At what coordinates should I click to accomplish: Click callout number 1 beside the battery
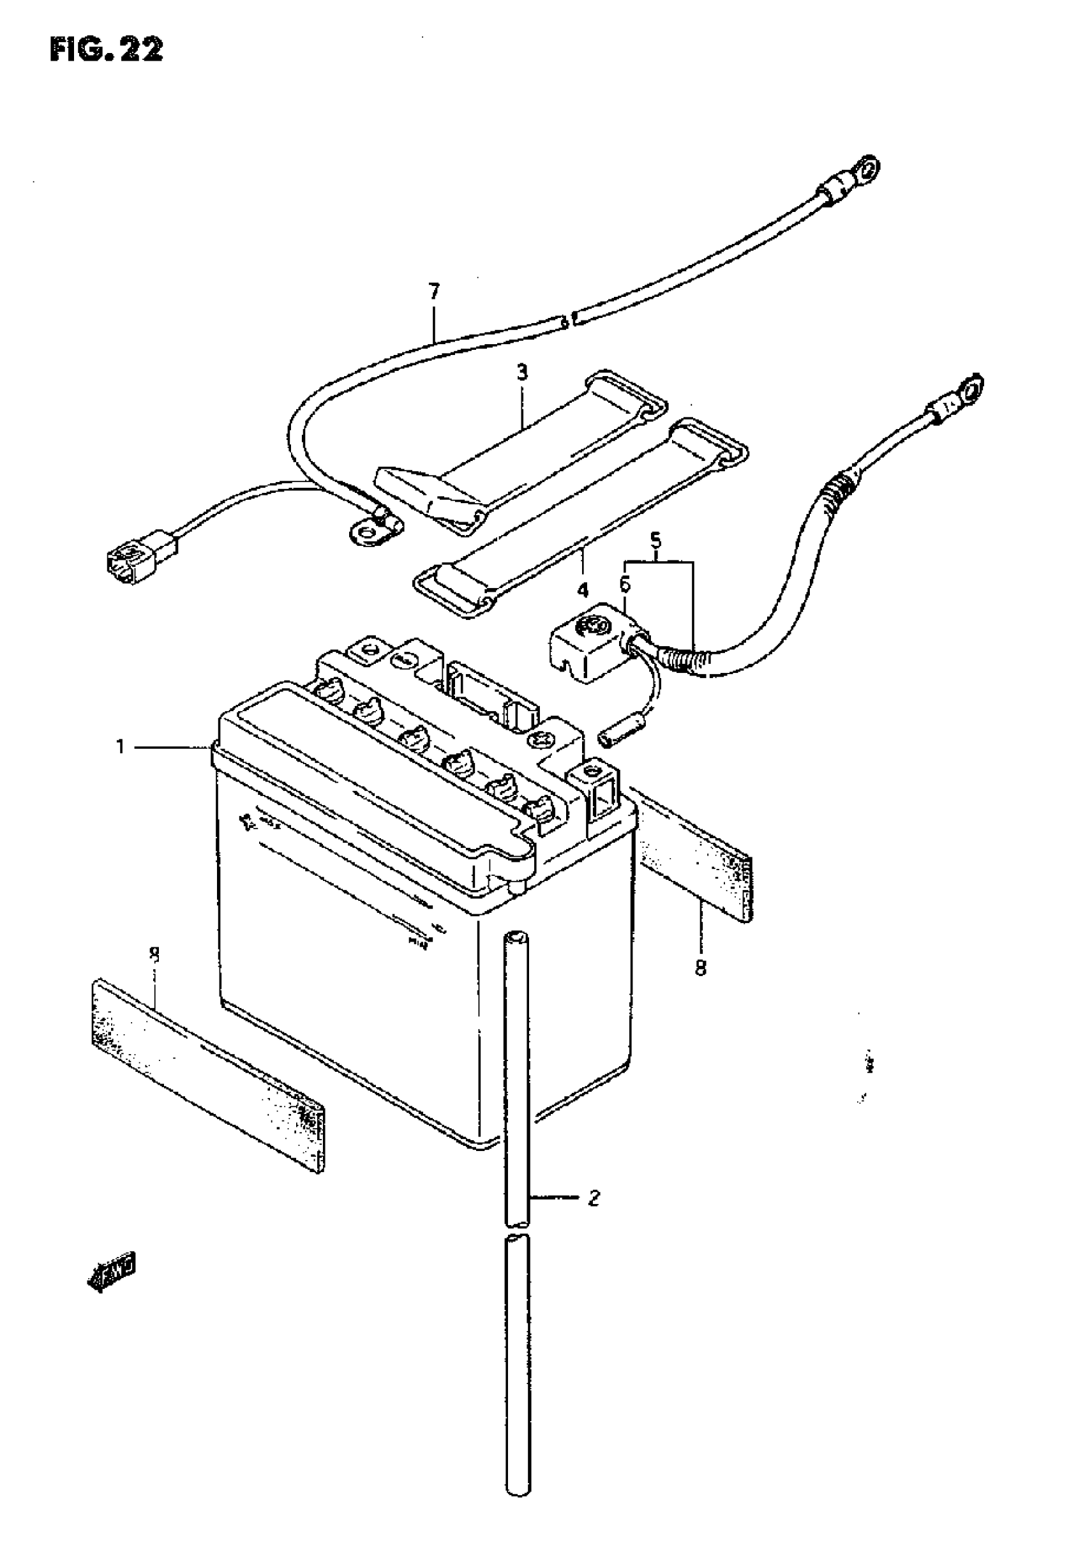[x=120, y=748]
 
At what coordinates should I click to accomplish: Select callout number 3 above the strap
[x=521, y=373]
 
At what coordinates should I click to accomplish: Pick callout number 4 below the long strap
[x=583, y=590]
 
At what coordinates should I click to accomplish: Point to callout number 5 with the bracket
[x=655, y=541]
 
